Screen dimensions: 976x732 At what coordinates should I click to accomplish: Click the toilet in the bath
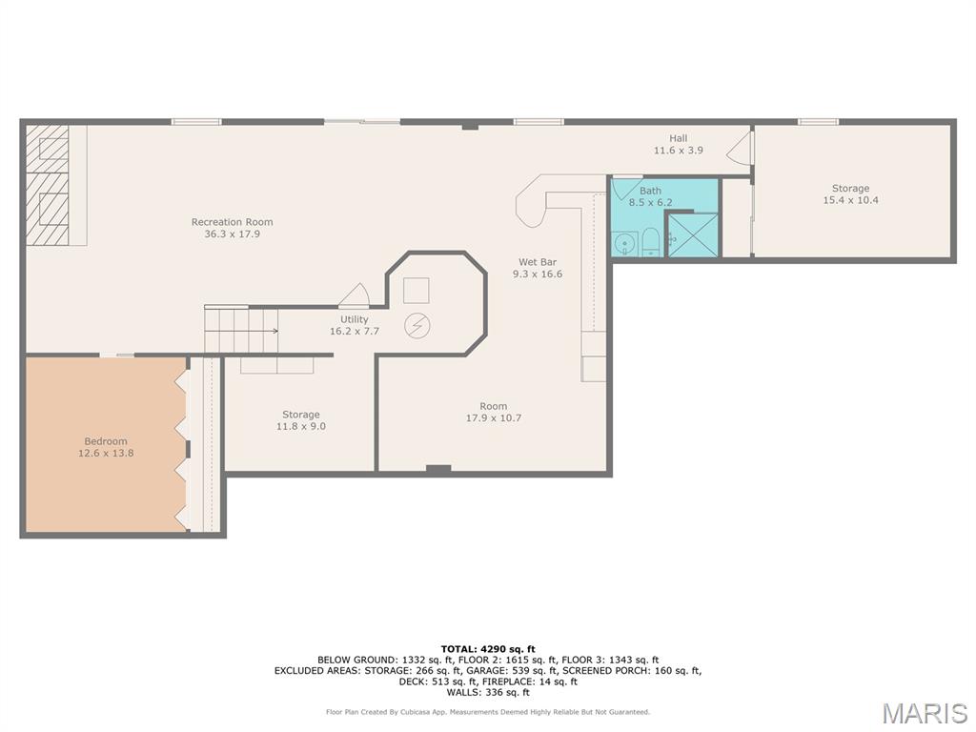click(x=650, y=242)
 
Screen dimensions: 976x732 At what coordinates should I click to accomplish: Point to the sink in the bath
click(x=623, y=243)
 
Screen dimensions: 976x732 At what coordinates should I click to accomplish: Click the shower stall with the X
click(x=693, y=234)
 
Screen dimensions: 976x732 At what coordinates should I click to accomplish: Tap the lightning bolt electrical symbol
click(x=417, y=326)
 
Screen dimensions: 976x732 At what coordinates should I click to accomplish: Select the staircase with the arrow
click(x=241, y=331)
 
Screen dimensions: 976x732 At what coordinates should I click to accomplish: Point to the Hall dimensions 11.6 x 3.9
click(x=679, y=150)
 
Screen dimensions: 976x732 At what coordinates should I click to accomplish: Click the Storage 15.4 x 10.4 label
click(x=851, y=193)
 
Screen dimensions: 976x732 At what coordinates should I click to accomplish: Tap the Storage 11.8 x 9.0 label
click(x=301, y=420)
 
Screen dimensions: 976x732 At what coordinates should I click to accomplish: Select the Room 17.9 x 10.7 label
click(x=494, y=412)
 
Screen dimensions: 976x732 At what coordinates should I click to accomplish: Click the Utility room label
click(x=355, y=325)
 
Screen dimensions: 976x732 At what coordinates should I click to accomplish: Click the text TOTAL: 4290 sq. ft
click(x=488, y=649)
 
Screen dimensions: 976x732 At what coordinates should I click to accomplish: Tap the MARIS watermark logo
click(x=925, y=713)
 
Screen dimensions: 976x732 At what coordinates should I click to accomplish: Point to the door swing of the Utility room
click(x=355, y=295)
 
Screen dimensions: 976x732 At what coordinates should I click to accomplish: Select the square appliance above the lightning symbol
click(x=417, y=290)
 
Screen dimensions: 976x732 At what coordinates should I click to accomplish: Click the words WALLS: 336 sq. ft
click(x=488, y=692)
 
